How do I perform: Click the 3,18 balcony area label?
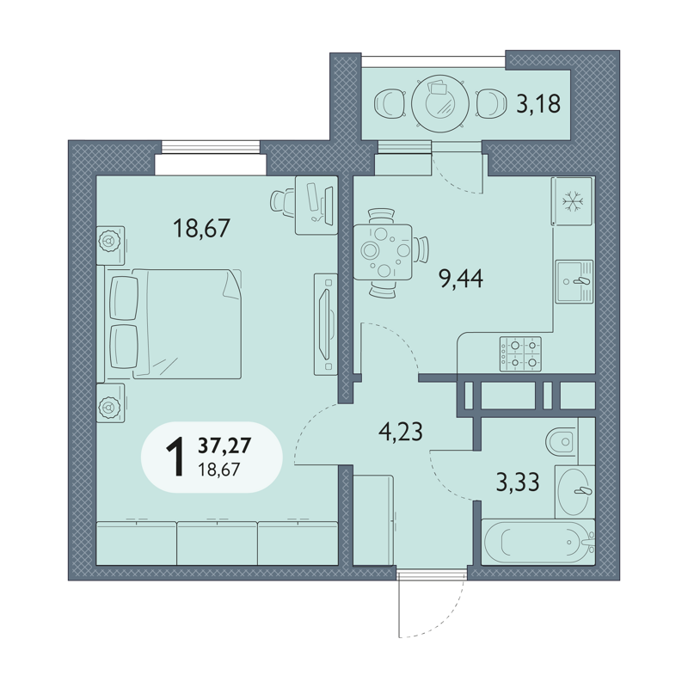538,104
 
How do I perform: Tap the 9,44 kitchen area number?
461,278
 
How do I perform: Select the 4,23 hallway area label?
401,432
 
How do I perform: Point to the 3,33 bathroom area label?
518,482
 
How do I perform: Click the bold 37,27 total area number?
224,445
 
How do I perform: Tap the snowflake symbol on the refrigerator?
574,202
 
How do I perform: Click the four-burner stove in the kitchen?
520,354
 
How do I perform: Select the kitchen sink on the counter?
574,281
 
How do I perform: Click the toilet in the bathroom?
562,441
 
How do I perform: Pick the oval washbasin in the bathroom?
574,491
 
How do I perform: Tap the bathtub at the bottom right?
538,542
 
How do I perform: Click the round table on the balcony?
440,104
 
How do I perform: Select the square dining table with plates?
383,252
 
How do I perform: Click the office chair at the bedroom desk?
282,202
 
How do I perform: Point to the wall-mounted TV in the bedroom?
326,324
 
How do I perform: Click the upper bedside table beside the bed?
111,245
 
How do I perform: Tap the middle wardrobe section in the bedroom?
217,544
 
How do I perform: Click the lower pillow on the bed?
124,347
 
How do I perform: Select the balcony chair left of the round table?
390,104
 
